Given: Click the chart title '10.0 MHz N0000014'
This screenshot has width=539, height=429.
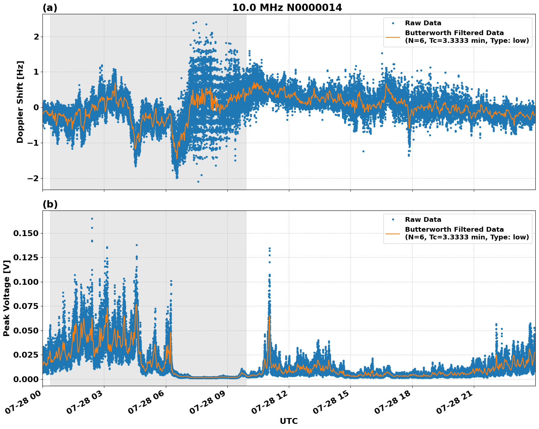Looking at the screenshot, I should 287,8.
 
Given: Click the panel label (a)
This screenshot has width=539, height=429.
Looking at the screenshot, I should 50,8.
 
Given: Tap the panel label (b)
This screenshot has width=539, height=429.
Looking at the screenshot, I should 50,204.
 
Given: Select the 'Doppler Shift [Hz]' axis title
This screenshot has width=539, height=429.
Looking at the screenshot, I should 20,102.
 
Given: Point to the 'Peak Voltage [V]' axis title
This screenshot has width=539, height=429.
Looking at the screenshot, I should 6,298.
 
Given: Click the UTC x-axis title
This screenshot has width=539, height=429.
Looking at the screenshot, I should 289,421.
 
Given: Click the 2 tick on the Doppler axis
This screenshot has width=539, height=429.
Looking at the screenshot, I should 36,37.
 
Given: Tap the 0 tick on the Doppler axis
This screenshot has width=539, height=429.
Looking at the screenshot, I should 36,107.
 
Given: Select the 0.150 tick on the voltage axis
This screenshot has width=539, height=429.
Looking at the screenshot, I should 25,233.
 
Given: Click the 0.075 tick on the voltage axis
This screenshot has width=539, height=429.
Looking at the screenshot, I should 25,306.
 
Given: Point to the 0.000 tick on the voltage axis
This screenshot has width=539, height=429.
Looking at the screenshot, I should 25,379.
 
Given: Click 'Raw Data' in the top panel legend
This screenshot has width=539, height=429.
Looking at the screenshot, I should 423,23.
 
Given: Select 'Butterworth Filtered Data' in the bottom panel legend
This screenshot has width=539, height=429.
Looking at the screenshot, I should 454,230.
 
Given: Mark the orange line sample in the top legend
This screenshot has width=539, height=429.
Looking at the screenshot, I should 393,37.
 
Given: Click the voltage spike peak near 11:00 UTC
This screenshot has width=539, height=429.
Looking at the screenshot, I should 269,248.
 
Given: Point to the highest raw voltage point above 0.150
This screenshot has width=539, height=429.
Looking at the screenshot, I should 92,219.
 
